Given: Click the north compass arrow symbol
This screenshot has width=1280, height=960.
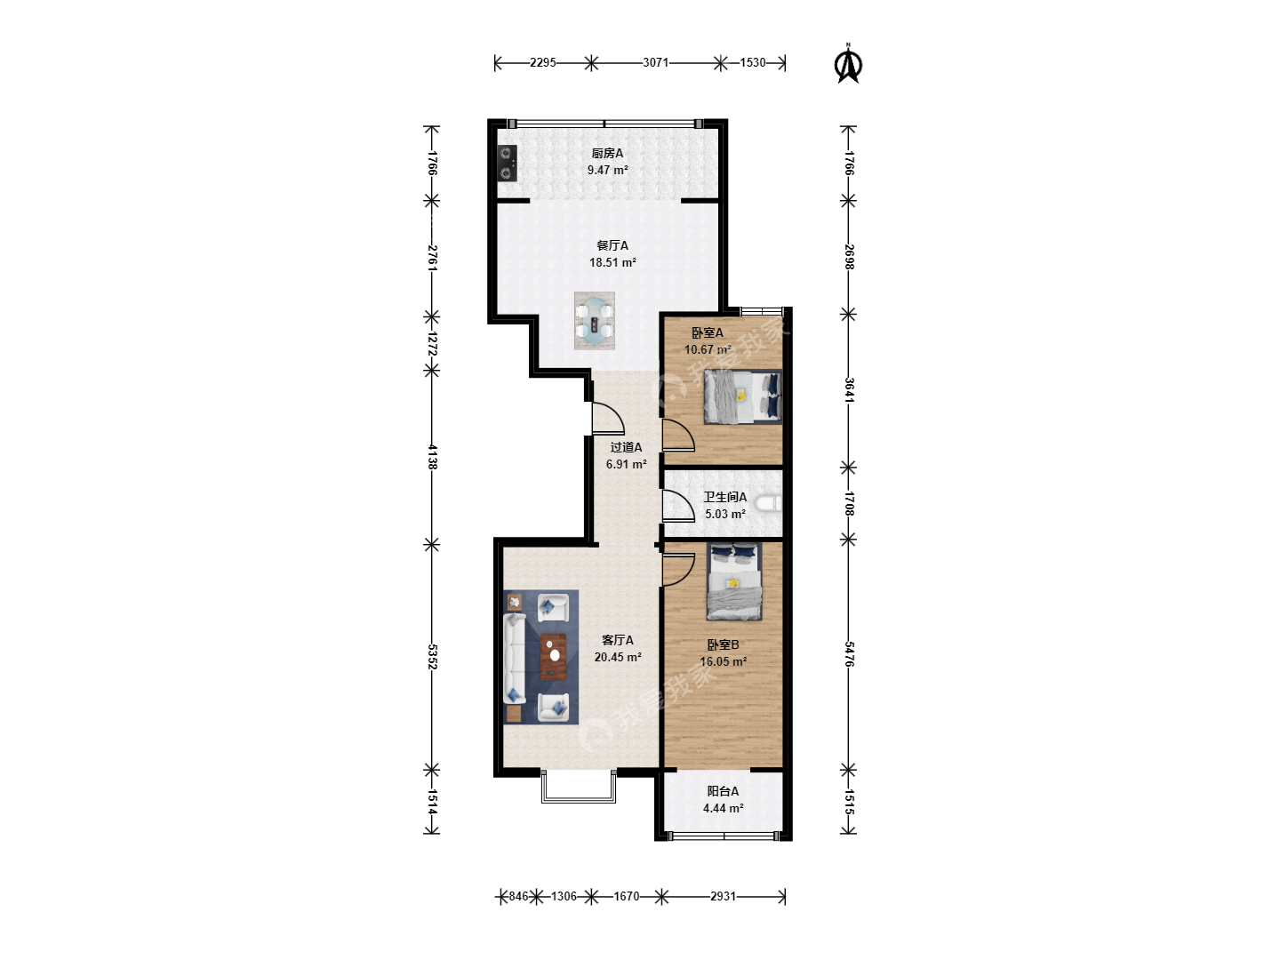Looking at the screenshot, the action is (849, 64).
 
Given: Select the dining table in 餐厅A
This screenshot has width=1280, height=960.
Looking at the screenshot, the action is (595, 320).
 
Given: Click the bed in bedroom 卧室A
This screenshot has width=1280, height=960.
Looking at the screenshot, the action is (742, 397).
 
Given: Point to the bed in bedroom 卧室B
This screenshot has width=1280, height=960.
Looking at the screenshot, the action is (734, 581).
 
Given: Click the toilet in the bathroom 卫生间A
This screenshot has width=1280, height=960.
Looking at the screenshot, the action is (772, 504).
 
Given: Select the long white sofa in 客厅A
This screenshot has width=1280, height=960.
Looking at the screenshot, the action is (515, 658).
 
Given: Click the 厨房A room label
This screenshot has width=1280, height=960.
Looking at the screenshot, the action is (607, 153).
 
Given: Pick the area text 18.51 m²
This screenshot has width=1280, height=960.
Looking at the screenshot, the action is (612, 262).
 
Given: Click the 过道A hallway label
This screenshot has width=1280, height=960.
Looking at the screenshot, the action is (626, 447).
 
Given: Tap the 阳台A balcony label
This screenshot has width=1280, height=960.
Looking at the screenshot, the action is (723, 791).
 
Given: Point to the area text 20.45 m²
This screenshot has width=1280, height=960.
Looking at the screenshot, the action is (618, 657).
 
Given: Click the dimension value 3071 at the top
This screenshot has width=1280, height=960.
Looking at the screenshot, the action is (655, 62).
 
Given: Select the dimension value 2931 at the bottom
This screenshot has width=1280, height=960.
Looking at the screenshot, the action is (723, 896).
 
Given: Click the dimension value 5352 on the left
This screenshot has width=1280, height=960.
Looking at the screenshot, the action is (431, 656).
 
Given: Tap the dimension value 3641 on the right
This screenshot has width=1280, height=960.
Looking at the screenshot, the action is (849, 390).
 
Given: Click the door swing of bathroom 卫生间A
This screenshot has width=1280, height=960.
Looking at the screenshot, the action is (678, 506).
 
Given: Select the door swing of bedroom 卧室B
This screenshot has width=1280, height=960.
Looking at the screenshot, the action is (678, 570).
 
